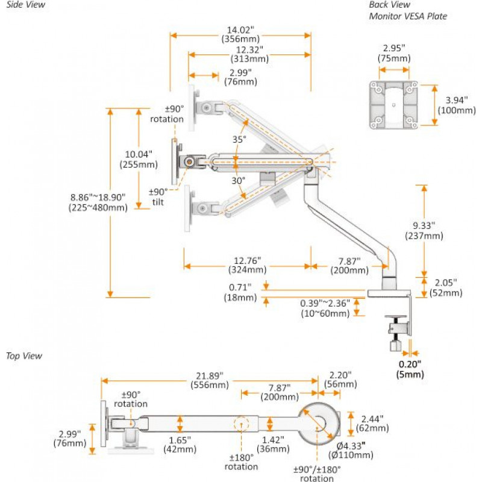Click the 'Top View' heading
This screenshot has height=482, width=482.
click(24, 355)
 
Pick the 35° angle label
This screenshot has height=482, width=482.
click(240, 139)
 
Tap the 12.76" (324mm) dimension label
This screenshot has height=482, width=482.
click(248, 266)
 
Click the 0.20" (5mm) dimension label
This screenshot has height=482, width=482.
click(410, 369)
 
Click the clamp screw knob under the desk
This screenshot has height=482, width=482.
click(396, 345)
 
